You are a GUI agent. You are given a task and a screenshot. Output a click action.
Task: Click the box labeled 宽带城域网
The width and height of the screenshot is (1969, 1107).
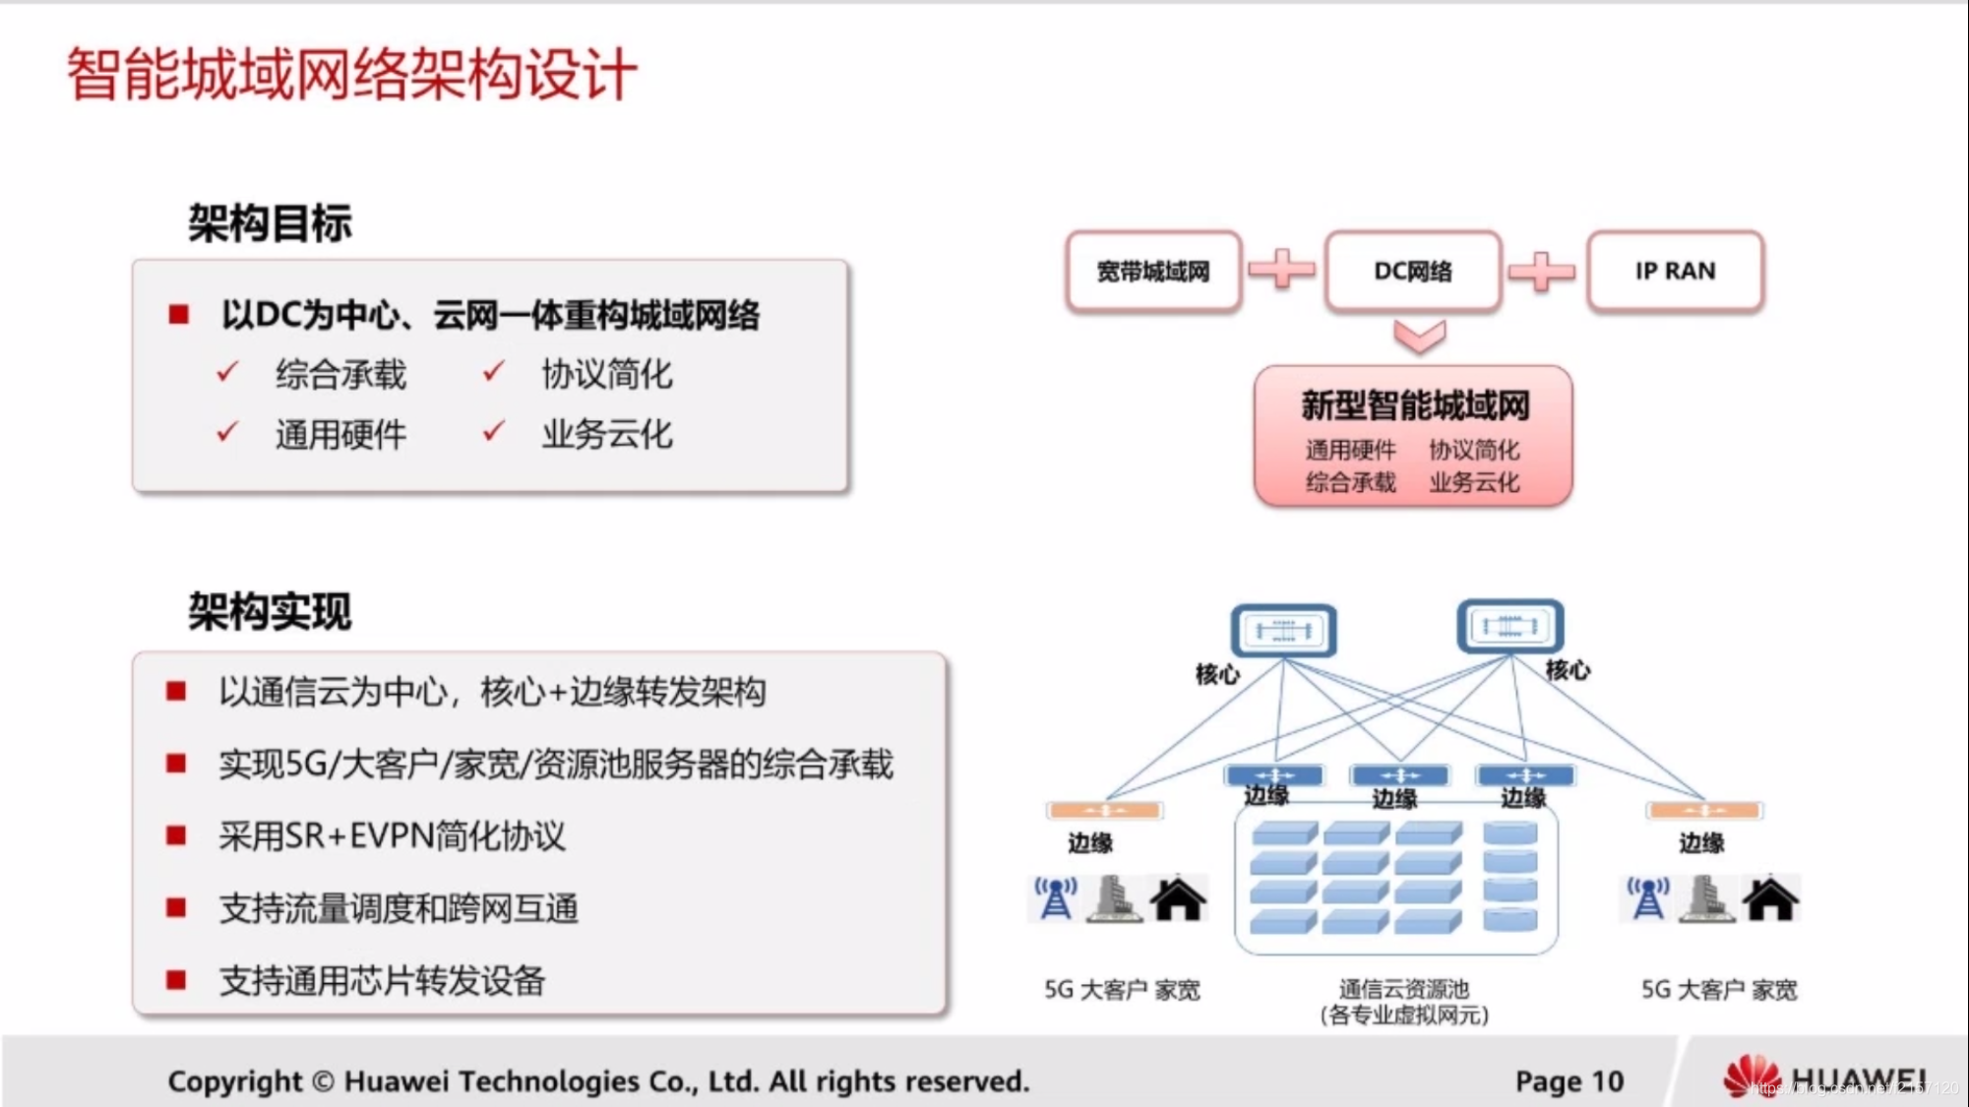pyautogui.click(x=1153, y=272)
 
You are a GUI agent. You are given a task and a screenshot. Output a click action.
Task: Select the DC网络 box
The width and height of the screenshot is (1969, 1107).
pyautogui.click(x=1413, y=272)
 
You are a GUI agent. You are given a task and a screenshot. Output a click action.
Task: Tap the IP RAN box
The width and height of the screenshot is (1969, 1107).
pyautogui.click(x=1675, y=272)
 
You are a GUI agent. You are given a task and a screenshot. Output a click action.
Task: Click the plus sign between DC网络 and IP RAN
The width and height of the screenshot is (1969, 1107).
pyautogui.click(x=1541, y=271)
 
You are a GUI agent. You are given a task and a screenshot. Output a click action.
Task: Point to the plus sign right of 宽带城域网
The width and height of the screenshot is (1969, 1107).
pyautogui.click(x=1281, y=269)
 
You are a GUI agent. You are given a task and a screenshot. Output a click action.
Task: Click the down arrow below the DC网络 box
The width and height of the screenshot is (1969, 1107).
pyautogui.click(x=1419, y=337)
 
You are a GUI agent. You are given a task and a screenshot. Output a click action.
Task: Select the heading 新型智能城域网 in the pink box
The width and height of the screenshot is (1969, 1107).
pyautogui.click(x=1415, y=405)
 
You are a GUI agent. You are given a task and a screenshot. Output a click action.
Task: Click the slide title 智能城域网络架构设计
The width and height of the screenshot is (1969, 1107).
pyautogui.click(x=351, y=75)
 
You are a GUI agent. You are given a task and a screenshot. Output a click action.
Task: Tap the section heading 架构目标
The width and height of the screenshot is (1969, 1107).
pyautogui.click(x=270, y=223)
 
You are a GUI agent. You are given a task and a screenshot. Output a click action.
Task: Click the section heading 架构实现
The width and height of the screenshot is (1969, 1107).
pyautogui.click(x=270, y=612)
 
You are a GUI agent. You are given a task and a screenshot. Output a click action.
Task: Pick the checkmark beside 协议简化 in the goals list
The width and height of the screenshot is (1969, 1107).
pyautogui.click(x=494, y=372)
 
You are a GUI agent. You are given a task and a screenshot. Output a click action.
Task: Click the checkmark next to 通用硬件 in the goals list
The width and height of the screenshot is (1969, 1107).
pyautogui.click(x=227, y=432)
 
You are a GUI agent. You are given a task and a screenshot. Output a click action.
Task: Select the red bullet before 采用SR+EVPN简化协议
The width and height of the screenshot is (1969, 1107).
pyautogui.click(x=177, y=835)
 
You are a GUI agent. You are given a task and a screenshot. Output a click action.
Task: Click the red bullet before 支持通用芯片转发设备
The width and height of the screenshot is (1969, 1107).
pyautogui.click(x=177, y=980)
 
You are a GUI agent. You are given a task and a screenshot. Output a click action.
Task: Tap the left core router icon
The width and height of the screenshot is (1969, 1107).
pyautogui.click(x=1283, y=631)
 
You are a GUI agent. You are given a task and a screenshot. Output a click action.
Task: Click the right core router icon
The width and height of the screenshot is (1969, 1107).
pyautogui.click(x=1509, y=626)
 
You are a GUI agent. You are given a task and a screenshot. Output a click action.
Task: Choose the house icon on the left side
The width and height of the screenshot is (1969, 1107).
pyautogui.click(x=1178, y=898)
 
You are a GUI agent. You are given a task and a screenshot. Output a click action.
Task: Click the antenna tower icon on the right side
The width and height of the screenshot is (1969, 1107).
pyautogui.click(x=1648, y=898)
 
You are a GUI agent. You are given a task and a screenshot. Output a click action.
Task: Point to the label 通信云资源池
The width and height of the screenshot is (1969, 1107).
pyautogui.click(x=1403, y=989)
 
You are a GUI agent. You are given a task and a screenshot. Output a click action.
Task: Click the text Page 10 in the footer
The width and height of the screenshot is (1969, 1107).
pyautogui.click(x=1569, y=1081)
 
